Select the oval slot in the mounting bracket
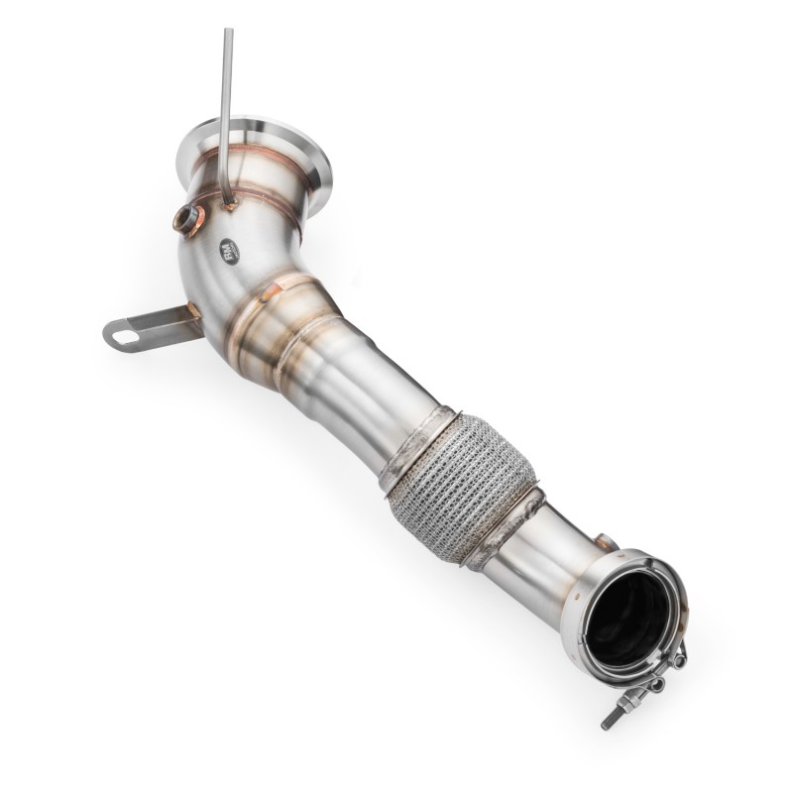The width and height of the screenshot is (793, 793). (x=125, y=336)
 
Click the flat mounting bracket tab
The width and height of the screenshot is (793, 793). (x=149, y=328)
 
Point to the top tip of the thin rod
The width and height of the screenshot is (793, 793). (x=228, y=33)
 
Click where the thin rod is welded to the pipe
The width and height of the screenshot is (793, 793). (x=230, y=203)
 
